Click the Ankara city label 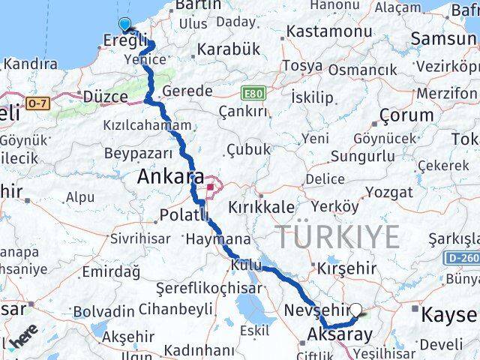coord(170,178)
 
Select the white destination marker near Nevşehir coord(356,308)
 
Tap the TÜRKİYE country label coord(339,238)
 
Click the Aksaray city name coord(339,334)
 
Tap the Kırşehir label coord(346,268)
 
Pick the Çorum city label coord(406,115)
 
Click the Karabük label coord(228,49)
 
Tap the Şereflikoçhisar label coord(208,288)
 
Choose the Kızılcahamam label coord(148,125)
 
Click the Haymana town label coord(217,238)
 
